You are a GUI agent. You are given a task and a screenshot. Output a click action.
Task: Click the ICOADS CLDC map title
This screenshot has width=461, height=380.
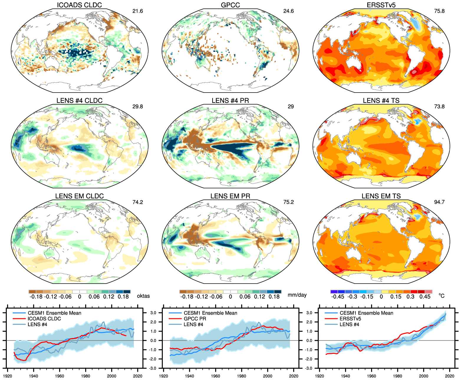[79, 5]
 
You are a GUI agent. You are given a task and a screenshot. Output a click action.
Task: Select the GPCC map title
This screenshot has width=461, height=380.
[230, 5]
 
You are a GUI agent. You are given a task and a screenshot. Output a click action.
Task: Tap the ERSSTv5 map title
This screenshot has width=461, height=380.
[381, 5]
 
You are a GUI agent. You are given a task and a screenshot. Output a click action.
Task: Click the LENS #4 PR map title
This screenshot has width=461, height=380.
[230, 101]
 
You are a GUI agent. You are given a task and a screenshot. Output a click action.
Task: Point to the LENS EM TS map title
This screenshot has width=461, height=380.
[381, 196]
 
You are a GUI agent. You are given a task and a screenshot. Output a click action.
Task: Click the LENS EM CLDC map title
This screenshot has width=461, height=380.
[79, 196]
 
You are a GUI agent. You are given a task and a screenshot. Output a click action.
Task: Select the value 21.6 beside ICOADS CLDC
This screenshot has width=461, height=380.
[138, 11]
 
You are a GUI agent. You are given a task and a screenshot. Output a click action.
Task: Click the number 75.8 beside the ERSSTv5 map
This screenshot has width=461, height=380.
[439, 11]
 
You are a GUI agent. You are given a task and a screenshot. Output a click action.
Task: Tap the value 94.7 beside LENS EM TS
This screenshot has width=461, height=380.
[439, 202]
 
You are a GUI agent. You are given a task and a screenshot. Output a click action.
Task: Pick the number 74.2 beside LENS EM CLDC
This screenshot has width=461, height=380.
[138, 202]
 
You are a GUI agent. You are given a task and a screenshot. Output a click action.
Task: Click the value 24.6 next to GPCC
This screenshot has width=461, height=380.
[289, 11]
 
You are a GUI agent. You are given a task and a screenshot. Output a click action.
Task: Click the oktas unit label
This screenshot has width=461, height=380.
[143, 296]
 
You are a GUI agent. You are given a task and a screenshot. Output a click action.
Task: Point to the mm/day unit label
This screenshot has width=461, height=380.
[297, 295]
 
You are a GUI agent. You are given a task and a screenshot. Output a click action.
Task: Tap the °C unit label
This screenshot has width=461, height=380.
[441, 296]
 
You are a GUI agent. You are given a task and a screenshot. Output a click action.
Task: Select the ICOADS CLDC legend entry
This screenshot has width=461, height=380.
[44, 319]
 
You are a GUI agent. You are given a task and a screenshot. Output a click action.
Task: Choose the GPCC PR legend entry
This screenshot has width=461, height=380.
[195, 319]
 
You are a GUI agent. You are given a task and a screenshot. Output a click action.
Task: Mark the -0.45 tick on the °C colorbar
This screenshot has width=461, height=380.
[337, 297]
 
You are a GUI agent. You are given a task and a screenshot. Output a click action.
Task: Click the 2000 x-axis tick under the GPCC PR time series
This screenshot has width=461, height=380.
[268, 376]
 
